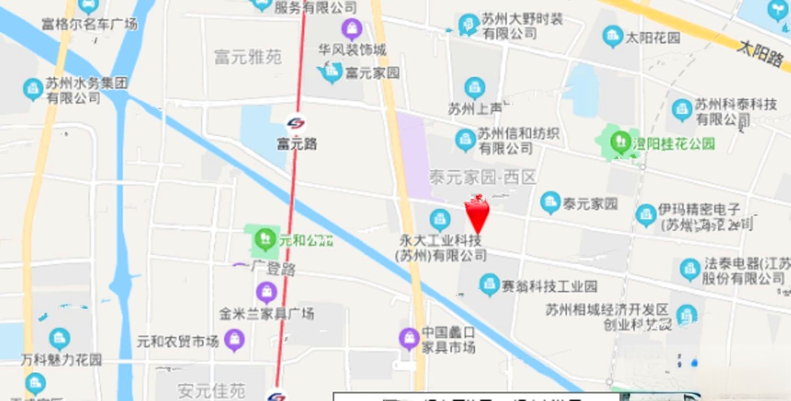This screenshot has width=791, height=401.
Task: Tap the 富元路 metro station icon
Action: [295, 123]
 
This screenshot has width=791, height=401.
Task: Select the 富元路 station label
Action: [297, 144]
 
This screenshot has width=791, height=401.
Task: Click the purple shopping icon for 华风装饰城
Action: [351, 28]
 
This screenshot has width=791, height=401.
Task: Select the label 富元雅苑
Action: [248, 57]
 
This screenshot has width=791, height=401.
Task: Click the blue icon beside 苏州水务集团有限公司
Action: [33, 89]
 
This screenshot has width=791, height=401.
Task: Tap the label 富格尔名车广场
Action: [89, 24]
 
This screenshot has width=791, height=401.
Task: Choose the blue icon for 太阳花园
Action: [612, 37]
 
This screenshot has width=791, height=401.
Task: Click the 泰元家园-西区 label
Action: [482, 178]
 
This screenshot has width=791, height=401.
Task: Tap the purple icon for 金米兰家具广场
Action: [266, 292]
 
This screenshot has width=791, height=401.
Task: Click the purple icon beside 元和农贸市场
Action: [234, 340]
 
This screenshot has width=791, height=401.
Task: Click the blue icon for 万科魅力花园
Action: [59, 339]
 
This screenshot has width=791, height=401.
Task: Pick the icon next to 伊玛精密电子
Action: [646, 215]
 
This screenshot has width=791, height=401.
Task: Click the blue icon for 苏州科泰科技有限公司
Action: [682, 110]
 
